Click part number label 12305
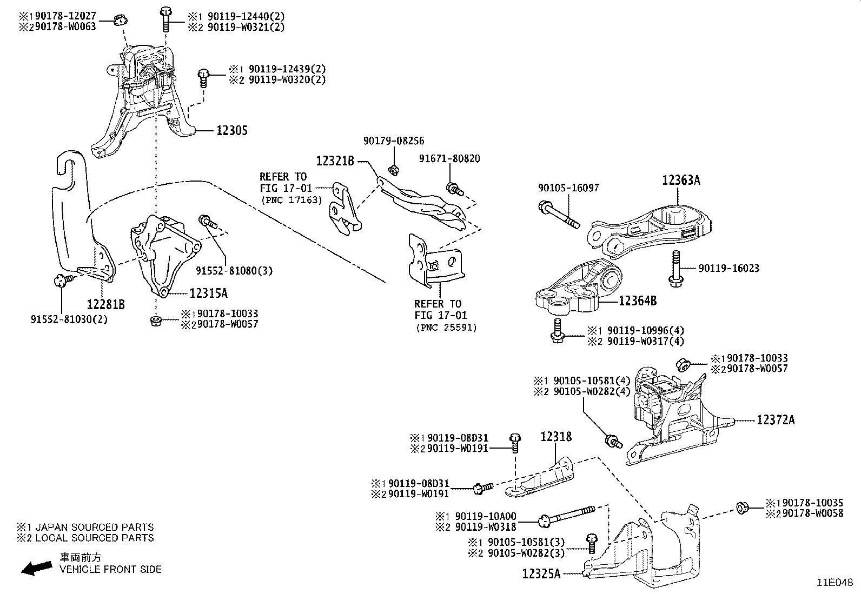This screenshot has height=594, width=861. [x=232, y=130]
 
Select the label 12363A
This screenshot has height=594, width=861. [x=681, y=181]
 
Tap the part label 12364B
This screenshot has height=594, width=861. [x=637, y=301]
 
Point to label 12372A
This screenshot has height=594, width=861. [x=776, y=420]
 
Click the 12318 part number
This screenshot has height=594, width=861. [x=556, y=437]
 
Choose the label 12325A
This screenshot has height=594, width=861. [x=541, y=573]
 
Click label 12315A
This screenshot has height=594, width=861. [x=208, y=293]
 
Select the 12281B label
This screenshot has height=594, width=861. [x=106, y=305]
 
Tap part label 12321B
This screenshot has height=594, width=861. [x=335, y=161]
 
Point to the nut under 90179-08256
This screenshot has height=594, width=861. [x=394, y=170]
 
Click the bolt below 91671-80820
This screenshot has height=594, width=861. [x=453, y=189]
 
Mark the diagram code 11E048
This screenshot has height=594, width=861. [x=834, y=583]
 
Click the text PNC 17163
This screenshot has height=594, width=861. [x=292, y=200]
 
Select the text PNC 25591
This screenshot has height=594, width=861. [x=447, y=328]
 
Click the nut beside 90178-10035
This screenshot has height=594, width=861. [x=742, y=508]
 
